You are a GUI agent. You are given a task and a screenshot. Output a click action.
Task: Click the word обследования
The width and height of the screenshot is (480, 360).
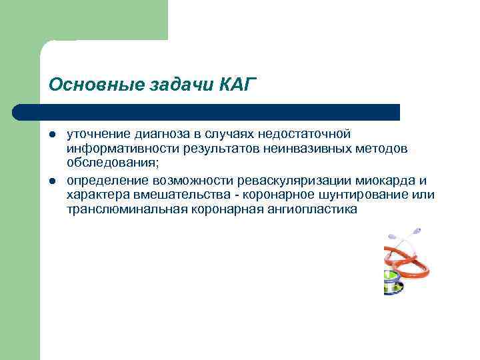click(x=111, y=162)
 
